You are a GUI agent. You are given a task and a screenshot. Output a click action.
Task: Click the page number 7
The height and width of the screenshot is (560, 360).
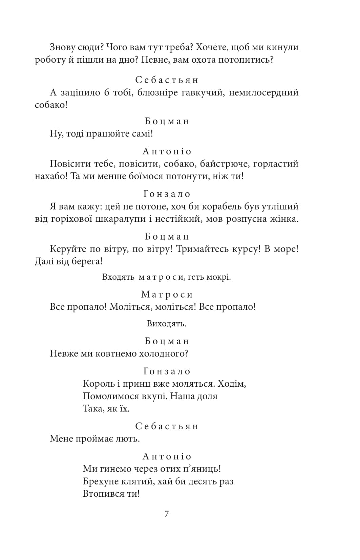[x=166, y=514]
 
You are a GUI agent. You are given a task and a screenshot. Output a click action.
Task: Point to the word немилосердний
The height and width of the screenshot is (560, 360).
[x=264, y=92]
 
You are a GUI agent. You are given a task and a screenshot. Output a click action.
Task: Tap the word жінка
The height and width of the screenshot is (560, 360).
[x=283, y=219]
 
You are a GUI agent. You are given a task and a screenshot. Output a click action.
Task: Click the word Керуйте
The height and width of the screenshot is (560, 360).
[x=67, y=249]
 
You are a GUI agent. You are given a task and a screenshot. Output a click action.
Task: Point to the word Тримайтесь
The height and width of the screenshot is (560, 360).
[x=201, y=249]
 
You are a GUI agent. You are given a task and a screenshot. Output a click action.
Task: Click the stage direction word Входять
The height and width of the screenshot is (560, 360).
[x=119, y=277]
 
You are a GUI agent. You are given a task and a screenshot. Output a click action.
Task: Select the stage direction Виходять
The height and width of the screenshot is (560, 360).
[x=166, y=324]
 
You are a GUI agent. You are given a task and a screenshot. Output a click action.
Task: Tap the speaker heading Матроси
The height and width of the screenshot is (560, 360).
[x=167, y=295]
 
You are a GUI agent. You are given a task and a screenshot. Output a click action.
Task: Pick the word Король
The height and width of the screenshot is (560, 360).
[x=99, y=384]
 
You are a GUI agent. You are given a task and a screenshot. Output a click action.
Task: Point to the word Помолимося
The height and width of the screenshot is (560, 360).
[x=111, y=396]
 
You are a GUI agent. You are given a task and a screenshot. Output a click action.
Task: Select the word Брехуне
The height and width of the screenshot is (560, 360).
[x=101, y=481]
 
